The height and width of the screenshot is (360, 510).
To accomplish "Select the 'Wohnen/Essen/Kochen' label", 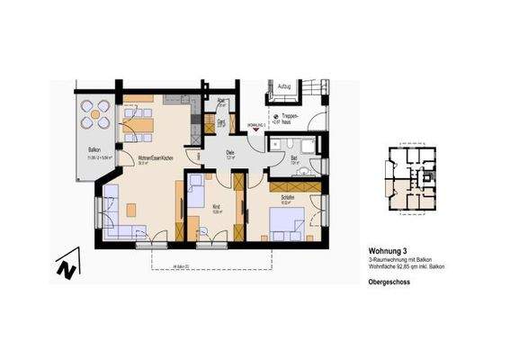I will point(148,157).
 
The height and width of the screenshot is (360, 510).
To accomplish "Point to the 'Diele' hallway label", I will point(230,153).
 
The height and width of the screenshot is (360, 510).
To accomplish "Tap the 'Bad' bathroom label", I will point(294,159).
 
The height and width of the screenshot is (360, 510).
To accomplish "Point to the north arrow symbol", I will point(65,267).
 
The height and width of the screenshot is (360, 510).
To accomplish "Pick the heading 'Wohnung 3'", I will point(388,251).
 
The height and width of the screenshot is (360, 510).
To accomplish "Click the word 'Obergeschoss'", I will point(389,282).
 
